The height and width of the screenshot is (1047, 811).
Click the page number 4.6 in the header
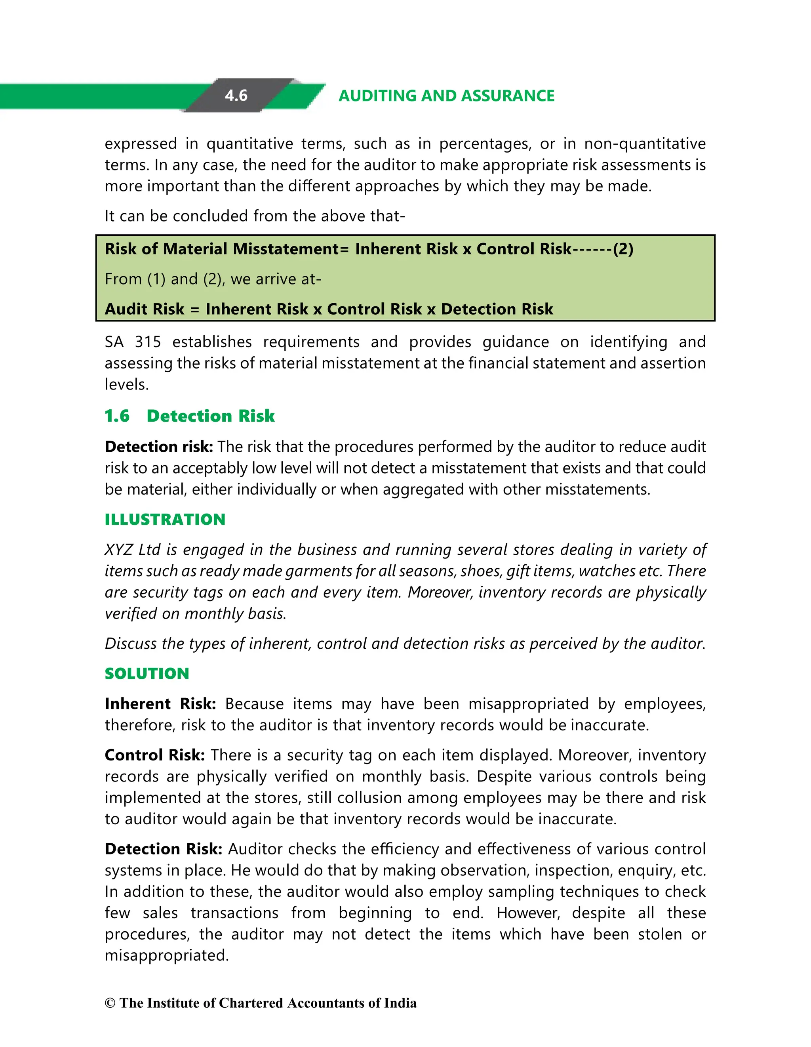236,96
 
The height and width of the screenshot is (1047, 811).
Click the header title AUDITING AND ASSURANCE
446,96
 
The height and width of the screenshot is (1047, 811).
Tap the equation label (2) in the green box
623,249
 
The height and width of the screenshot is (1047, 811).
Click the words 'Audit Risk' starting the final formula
144,309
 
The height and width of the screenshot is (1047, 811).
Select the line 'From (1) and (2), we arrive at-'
213,279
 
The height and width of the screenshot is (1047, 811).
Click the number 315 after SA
148,342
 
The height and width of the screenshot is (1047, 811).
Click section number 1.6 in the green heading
117,416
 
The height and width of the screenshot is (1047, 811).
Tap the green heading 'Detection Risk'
210,416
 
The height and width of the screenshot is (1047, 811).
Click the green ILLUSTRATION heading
165,519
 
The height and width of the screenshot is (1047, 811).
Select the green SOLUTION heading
147,674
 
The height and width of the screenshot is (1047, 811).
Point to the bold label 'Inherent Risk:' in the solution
160,704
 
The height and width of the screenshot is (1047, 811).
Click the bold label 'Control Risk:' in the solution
154,755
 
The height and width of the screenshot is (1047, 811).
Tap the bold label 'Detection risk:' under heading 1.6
158,447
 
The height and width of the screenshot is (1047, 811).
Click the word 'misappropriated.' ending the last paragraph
167,955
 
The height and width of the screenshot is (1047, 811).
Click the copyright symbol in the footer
110,1003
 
